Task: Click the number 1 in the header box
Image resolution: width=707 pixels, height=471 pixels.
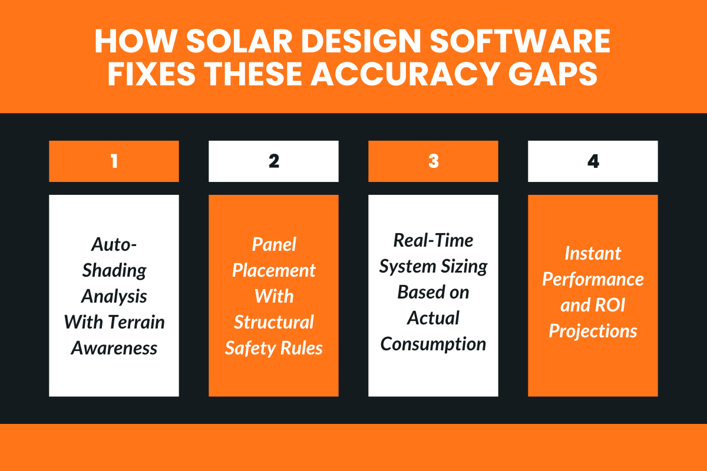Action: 114,161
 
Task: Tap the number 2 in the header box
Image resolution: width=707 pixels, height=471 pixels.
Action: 273,161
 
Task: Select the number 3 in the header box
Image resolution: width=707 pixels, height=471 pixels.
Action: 434,161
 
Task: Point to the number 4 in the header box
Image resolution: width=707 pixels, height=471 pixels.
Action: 593,161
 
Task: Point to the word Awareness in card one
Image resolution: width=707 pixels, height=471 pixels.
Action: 114,348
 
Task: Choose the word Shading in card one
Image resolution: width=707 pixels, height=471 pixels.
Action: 114,271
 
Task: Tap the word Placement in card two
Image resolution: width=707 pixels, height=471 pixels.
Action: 274,270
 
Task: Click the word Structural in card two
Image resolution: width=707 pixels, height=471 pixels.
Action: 274,322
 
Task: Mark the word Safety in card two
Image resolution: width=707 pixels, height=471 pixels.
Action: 249,348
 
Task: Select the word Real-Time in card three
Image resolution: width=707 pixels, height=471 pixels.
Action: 434,240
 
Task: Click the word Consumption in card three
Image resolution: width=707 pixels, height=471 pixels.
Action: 434,343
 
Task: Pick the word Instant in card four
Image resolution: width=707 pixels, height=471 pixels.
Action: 593,253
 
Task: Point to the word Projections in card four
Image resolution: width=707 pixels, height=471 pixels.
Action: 593,331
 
